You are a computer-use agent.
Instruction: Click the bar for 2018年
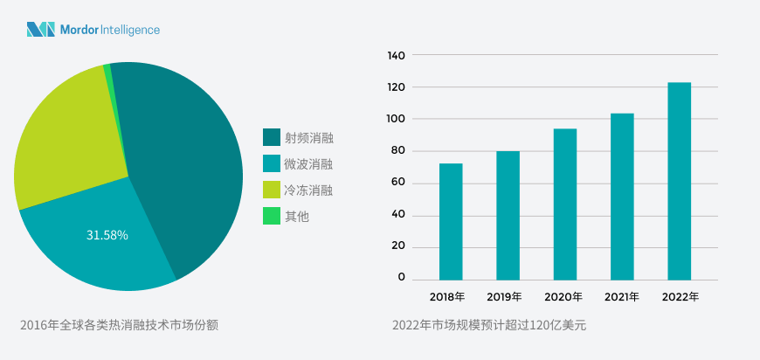point(451,221)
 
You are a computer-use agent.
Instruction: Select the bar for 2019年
point(508,215)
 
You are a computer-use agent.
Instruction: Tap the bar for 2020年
point(565,204)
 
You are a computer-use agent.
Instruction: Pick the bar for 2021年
point(622,197)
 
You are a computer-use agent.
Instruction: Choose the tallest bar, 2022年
point(679,181)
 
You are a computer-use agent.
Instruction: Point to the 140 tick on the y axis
point(396,56)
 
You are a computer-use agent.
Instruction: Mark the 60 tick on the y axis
point(397,183)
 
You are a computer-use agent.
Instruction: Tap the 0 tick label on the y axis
point(402,278)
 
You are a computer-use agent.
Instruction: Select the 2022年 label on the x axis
point(680,297)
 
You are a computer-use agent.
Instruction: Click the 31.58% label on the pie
point(107,235)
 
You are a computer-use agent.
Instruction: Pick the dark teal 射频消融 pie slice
point(183,157)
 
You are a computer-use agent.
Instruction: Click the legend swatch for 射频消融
point(272,137)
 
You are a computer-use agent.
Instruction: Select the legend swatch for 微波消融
point(272,163)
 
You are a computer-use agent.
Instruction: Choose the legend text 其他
point(297,216)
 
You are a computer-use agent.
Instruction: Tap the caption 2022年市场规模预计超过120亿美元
point(489,325)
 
